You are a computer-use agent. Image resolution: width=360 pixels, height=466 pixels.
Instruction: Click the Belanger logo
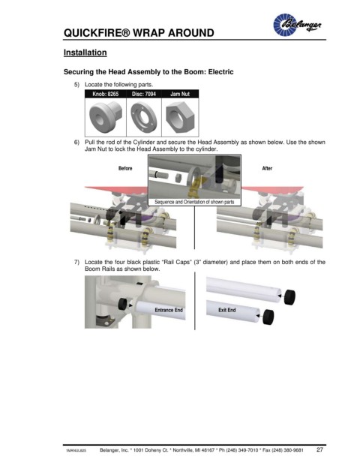[x=297, y=25]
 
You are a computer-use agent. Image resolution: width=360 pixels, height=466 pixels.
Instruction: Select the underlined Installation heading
[x=85, y=53]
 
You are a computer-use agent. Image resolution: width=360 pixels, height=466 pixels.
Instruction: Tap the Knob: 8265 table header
[x=106, y=94]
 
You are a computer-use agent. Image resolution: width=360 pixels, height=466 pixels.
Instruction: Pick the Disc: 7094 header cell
[x=144, y=94]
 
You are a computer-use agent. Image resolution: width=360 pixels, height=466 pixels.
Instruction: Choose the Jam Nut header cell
[x=180, y=94]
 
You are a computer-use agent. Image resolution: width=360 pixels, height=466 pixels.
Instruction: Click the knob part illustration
[x=106, y=116]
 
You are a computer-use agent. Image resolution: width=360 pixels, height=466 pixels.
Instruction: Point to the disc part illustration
[x=144, y=117]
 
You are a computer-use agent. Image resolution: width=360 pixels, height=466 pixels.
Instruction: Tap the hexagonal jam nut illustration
[x=180, y=117]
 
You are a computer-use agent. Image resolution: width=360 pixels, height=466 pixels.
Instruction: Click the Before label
[x=125, y=168]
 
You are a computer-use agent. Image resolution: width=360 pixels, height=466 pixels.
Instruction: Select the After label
[x=267, y=168]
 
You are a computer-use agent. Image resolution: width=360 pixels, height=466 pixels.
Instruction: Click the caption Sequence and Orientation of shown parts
[x=194, y=202]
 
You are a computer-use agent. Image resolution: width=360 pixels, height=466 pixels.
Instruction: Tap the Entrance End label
[x=169, y=310]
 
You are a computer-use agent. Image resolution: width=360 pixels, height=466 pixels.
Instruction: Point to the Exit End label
[x=227, y=310]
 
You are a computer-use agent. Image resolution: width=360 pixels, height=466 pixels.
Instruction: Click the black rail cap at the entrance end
[x=123, y=304]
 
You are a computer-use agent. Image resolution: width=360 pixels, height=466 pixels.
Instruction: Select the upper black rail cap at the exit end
[x=289, y=297]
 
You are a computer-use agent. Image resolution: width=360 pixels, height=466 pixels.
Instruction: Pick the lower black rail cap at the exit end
[x=268, y=317]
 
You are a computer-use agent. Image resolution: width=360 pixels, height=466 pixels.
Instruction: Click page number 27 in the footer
[x=319, y=449]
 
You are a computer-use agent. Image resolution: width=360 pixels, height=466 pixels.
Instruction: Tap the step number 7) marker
[x=76, y=262]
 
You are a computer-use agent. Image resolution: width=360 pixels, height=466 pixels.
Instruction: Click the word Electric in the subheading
[x=220, y=72]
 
